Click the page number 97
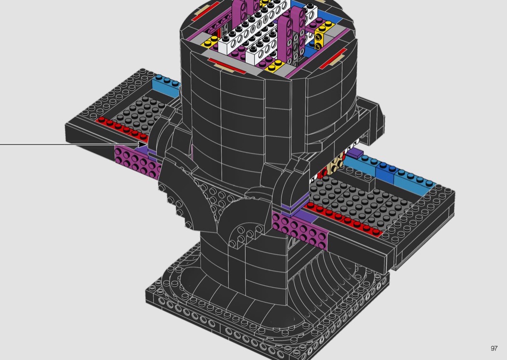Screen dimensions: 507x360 coord(494,348)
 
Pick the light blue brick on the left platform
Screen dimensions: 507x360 coord(166,85)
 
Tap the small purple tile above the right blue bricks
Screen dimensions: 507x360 coord(355,152)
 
